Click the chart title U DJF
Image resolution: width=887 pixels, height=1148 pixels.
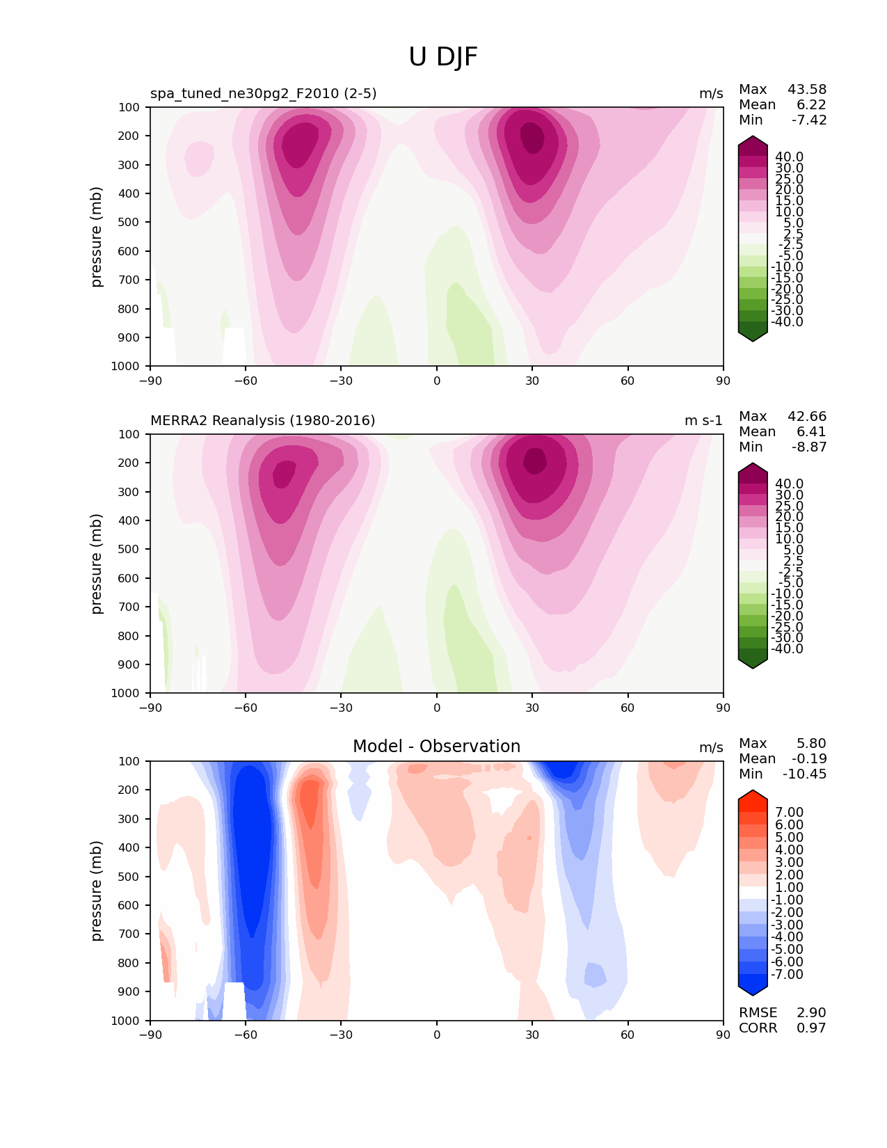tap(443, 57)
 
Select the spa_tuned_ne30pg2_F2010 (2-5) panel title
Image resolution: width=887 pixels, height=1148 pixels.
tap(263, 94)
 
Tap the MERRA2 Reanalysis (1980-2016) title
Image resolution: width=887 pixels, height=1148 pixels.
tap(262, 421)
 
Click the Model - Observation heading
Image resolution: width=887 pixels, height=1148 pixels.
tap(436, 747)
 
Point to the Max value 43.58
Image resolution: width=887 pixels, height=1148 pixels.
tap(807, 90)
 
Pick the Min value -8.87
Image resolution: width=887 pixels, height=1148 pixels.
tap(809, 447)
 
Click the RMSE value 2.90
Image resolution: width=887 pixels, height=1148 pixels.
tap(811, 1013)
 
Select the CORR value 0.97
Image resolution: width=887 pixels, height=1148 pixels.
tap(811, 1028)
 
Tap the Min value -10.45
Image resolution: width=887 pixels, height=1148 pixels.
tap(805, 774)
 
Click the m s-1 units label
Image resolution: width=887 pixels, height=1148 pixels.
tap(703, 421)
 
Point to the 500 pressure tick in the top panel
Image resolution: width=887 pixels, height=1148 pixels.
tap(130, 223)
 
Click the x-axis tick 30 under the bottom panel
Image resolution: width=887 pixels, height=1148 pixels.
tap(532, 1035)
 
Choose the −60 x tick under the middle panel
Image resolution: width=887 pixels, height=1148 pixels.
tap(246, 708)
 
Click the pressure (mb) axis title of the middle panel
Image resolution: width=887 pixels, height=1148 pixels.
tap(97, 564)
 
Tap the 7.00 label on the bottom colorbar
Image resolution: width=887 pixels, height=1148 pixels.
tap(789, 813)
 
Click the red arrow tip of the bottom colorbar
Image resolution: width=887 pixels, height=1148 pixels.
tap(753, 795)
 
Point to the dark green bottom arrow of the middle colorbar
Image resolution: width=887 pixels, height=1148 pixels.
tap(753, 662)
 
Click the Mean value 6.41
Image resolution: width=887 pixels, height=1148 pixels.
tap(811, 432)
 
